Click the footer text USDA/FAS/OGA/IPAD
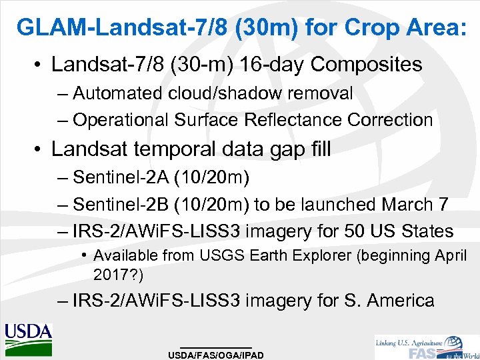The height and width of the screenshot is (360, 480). [x=216, y=355]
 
